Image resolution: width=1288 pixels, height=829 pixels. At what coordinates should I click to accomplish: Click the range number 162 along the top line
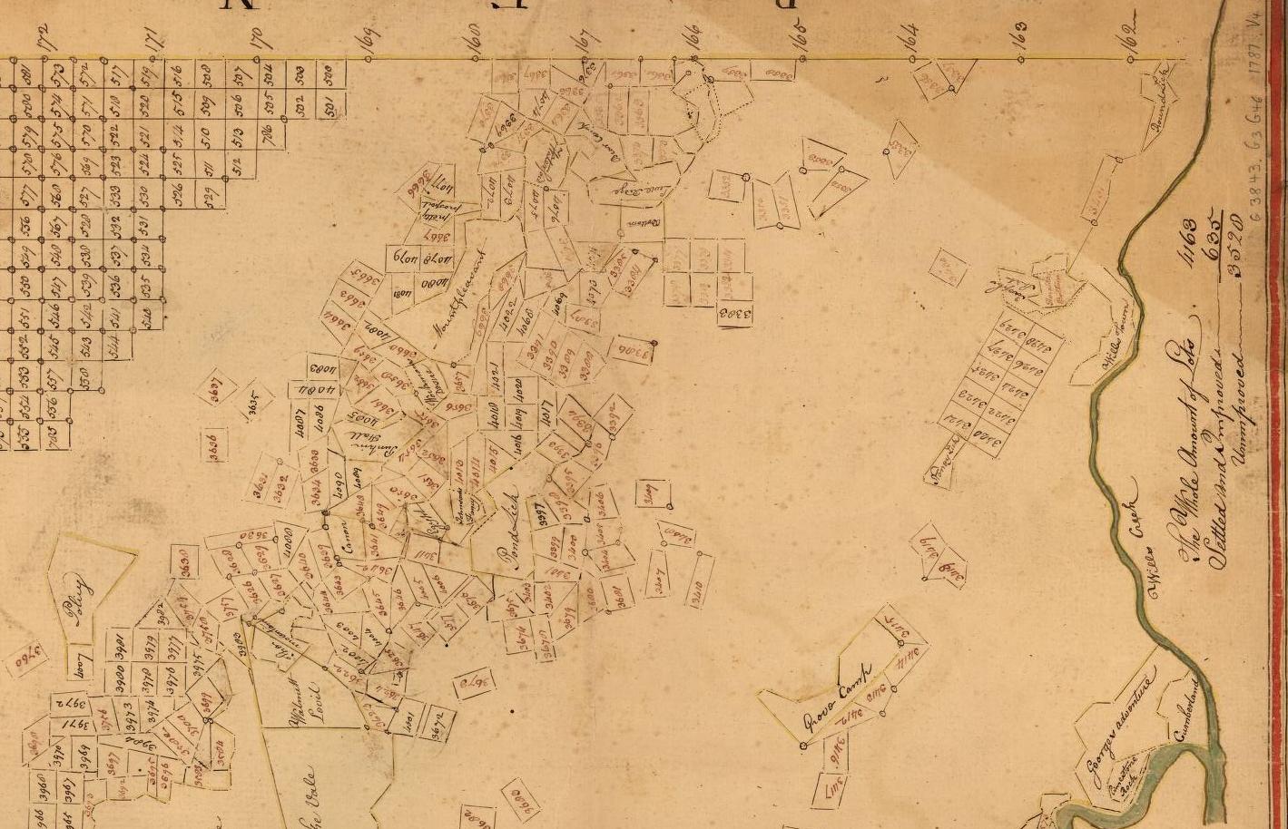click(1129, 38)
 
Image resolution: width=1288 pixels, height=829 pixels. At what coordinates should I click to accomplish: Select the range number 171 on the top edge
click(152, 39)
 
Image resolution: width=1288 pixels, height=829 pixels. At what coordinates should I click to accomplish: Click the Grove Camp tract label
click(836, 696)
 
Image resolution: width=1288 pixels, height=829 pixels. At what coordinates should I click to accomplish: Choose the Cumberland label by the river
click(1187, 712)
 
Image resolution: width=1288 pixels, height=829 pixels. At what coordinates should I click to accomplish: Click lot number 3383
click(736, 315)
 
